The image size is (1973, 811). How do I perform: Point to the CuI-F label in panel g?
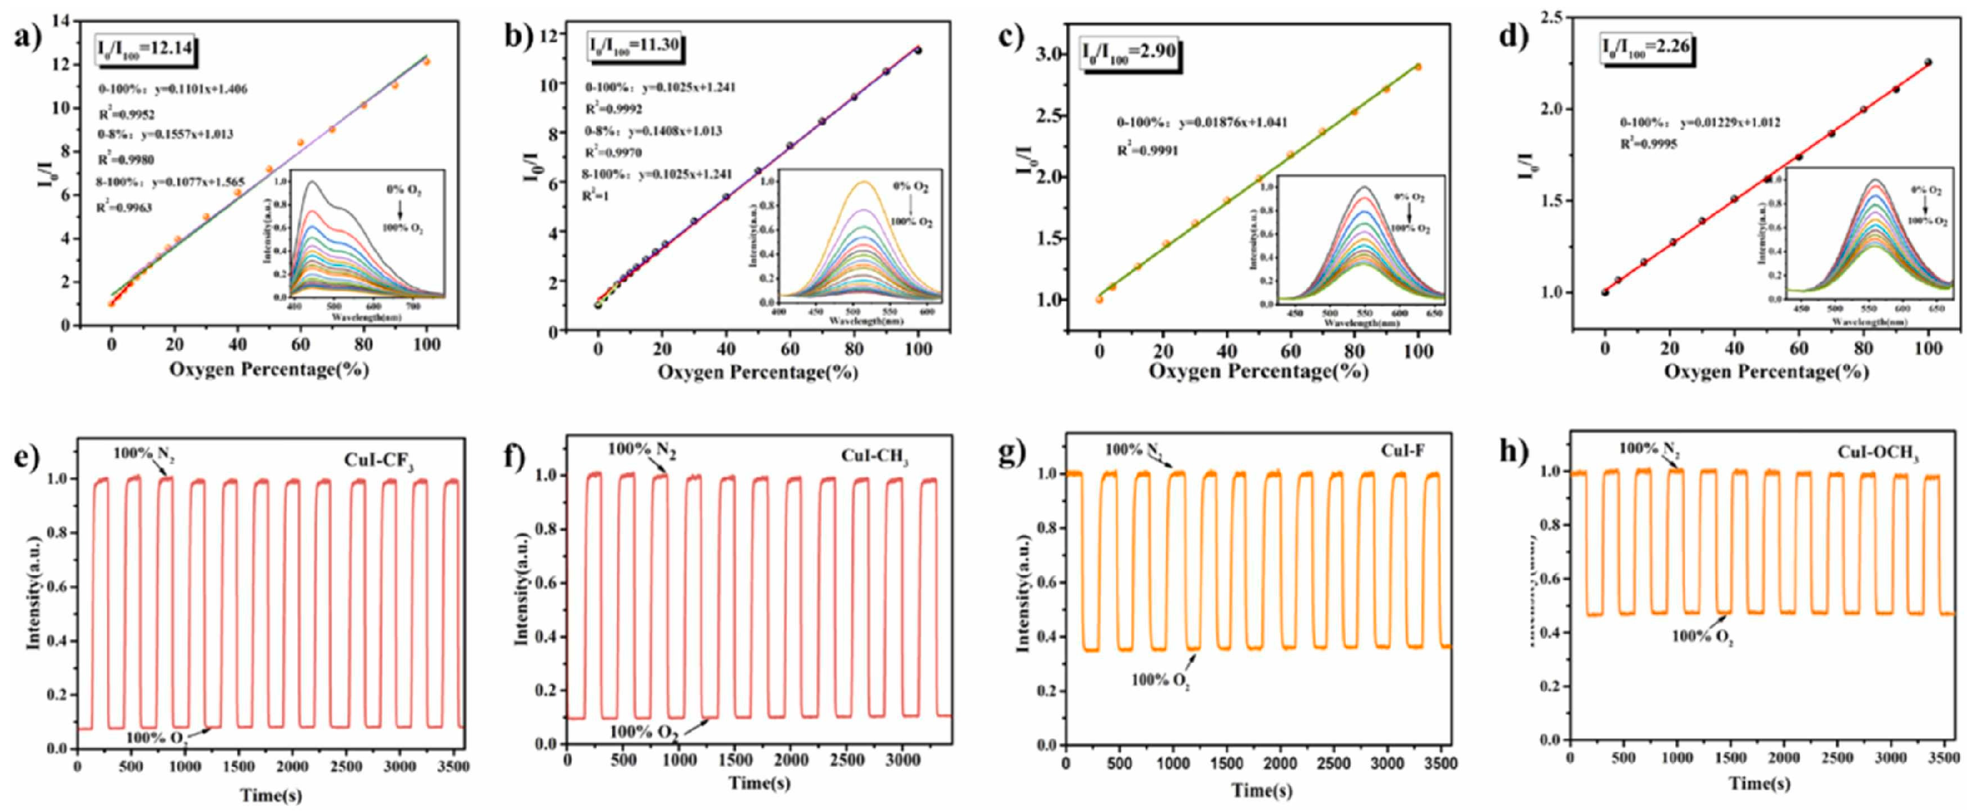1403,451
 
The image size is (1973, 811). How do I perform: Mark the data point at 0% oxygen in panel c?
1099,300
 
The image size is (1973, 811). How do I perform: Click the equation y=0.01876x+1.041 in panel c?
1233,122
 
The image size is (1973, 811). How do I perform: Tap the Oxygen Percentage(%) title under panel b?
758,373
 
